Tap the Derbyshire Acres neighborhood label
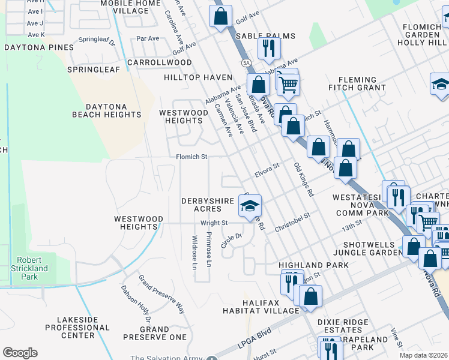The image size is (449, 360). click(x=202, y=205)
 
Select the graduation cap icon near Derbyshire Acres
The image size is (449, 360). click(x=250, y=206)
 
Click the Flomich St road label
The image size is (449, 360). click(x=191, y=157)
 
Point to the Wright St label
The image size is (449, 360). click(x=214, y=223)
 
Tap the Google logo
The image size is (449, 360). click(x=20, y=353)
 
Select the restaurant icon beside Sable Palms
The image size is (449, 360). click(x=269, y=47)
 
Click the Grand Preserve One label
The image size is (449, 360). click(x=155, y=333)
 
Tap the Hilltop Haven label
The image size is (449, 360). click(x=198, y=77)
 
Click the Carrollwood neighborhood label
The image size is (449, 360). click(x=160, y=62)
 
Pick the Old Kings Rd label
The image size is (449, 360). click(x=303, y=179)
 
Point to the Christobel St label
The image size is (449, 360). click(x=292, y=223)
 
